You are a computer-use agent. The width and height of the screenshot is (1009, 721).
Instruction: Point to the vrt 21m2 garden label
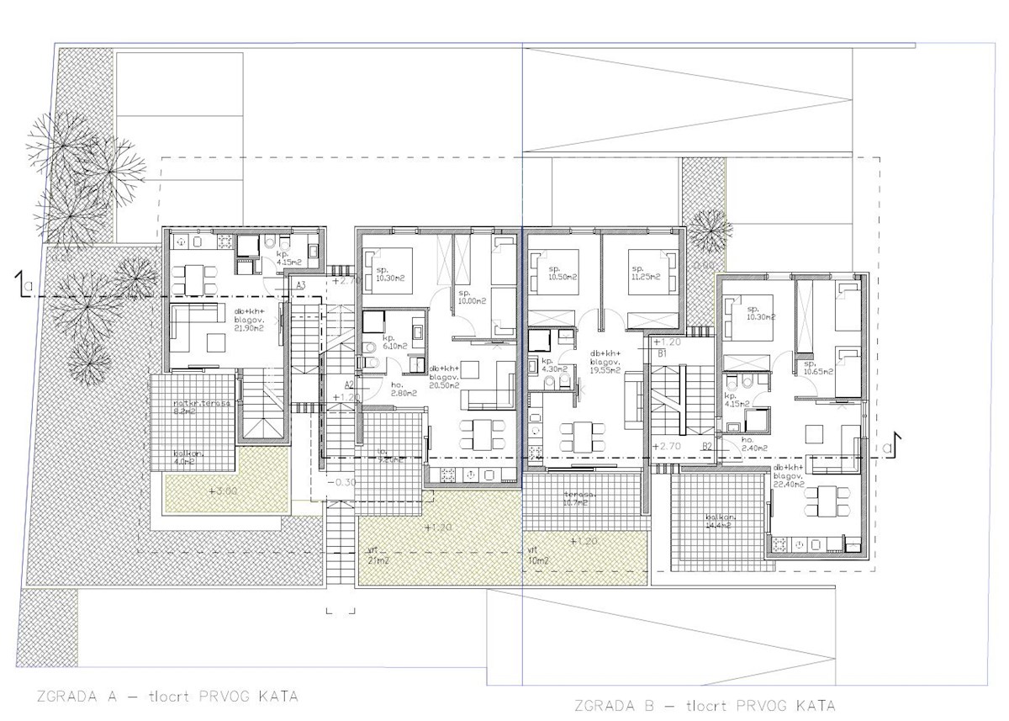click(376, 557)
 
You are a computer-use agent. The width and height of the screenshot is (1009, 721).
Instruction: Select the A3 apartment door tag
click(300, 286)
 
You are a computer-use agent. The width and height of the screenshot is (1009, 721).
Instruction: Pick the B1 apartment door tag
click(662, 354)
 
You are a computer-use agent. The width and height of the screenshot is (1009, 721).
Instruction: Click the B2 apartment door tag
click(707, 446)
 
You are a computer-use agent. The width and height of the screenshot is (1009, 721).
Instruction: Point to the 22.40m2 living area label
click(790, 476)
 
